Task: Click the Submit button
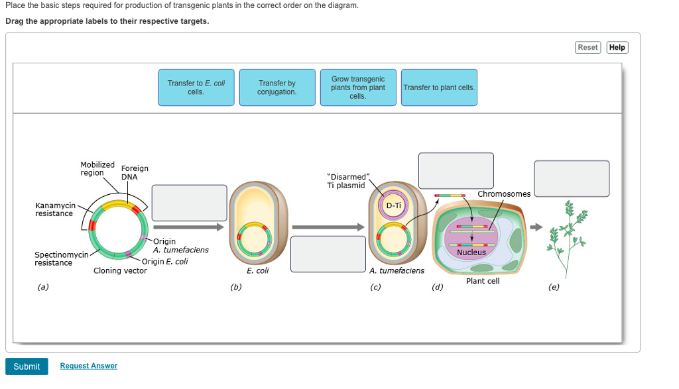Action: [x=27, y=366]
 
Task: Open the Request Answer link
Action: [x=88, y=366]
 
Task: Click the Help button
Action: [x=617, y=47]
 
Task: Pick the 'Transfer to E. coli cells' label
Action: [x=196, y=87]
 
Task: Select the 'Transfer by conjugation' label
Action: [x=277, y=87]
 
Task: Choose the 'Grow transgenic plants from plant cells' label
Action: [x=358, y=87]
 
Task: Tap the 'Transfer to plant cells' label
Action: [x=439, y=87]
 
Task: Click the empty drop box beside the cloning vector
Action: [x=188, y=202]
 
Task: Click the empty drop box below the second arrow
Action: [x=328, y=254]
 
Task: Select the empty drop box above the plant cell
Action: [x=456, y=171]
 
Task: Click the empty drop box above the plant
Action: [x=571, y=179]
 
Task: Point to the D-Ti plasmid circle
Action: [x=393, y=205]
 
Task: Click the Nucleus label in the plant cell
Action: [x=471, y=252]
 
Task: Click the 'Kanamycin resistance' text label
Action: [x=55, y=209]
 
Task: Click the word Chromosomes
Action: [x=504, y=194]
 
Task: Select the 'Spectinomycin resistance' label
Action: [x=61, y=259]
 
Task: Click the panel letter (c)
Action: [x=376, y=287]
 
